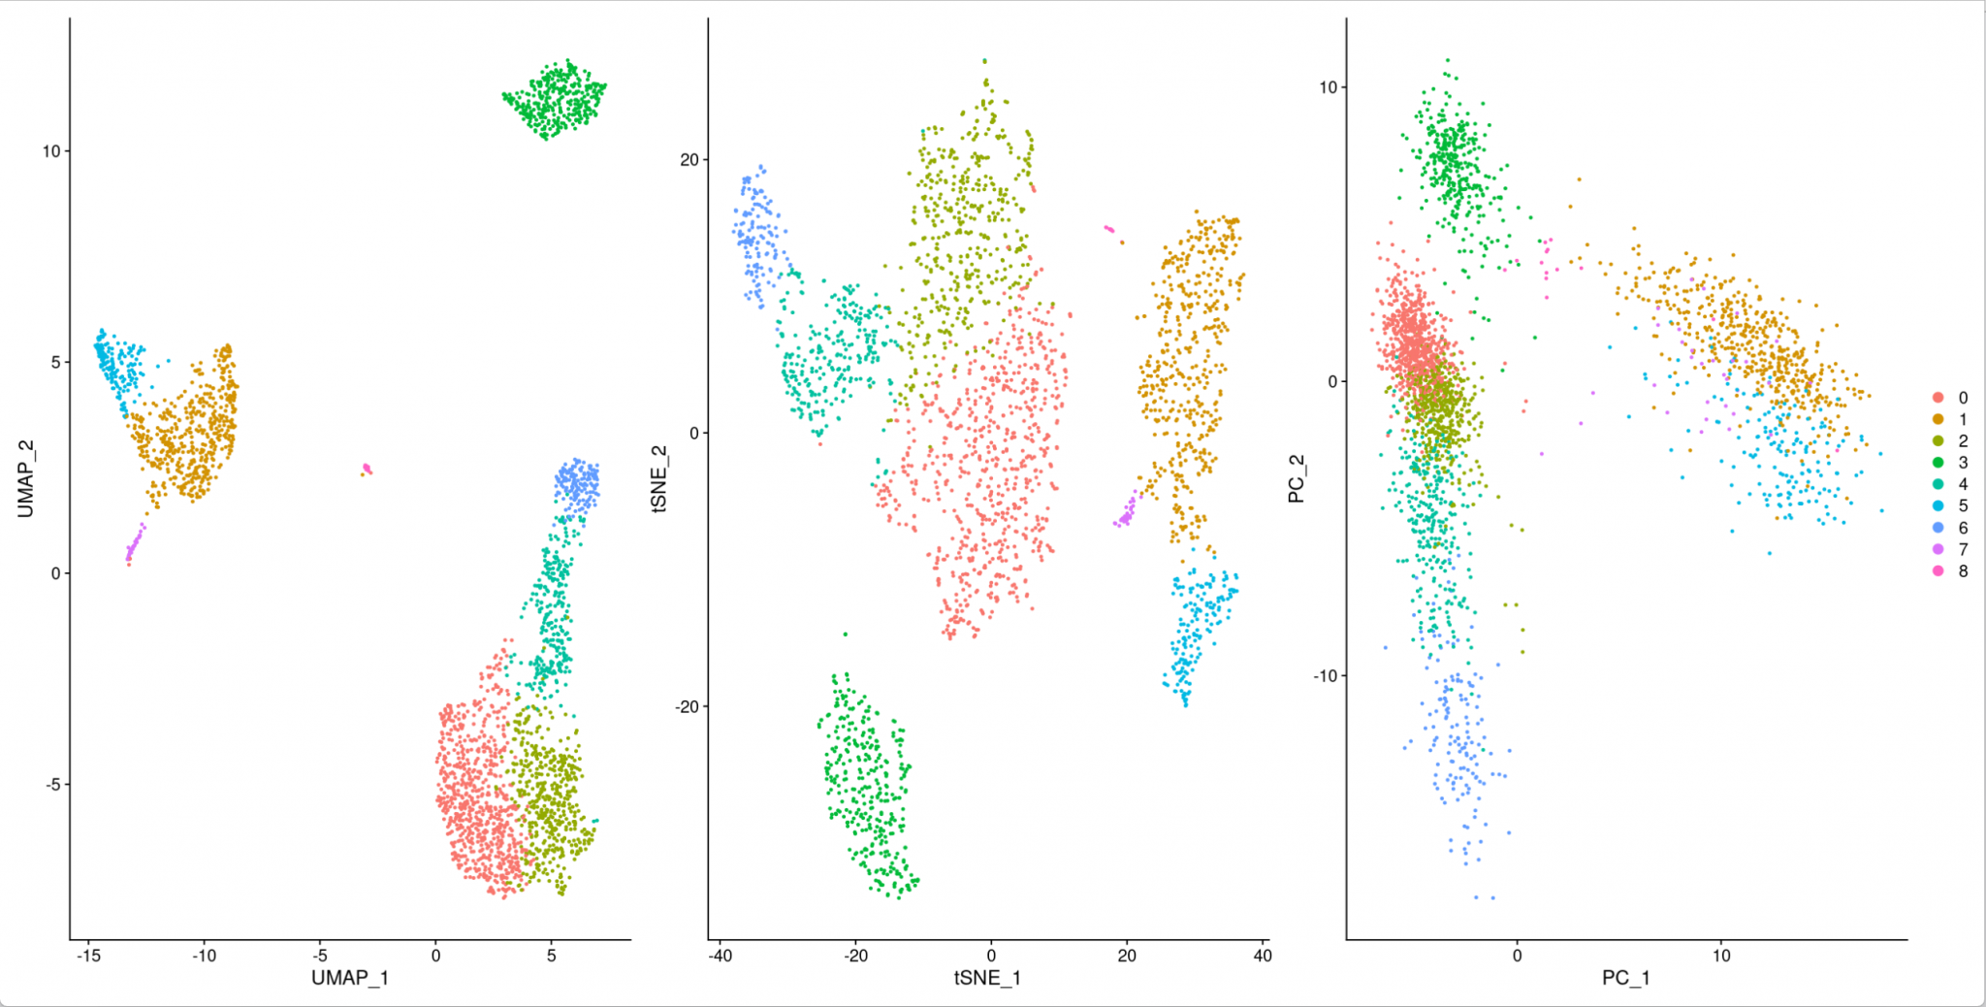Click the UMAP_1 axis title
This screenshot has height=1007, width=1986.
tap(349, 977)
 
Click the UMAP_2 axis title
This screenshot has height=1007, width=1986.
tap(25, 478)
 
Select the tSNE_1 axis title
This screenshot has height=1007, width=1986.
tap(987, 977)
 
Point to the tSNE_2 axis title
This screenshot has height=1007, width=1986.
tap(659, 478)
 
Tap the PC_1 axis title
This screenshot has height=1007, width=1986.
tap(1625, 977)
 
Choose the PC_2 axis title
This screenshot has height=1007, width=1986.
tap(1296, 478)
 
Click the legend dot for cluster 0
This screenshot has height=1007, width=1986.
tap(1938, 398)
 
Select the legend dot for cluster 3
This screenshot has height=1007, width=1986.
tap(1938, 463)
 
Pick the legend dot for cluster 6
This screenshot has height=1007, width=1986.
tap(1938, 528)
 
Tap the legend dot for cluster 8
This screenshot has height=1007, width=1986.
tap(1938, 571)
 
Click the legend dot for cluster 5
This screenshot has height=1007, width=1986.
tap(1938, 505)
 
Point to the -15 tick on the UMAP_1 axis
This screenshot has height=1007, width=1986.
tap(88, 956)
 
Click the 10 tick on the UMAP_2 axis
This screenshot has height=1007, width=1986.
tap(50, 151)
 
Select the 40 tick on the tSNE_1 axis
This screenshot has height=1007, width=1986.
tap(1262, 956)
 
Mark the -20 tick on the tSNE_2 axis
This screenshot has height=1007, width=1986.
tap(688, 706)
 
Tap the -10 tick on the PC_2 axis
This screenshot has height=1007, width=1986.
tap(1325, 675)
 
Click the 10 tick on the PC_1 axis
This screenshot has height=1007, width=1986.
tap(1720, 956)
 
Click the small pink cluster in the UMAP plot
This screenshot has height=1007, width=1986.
tap(367, 470)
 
